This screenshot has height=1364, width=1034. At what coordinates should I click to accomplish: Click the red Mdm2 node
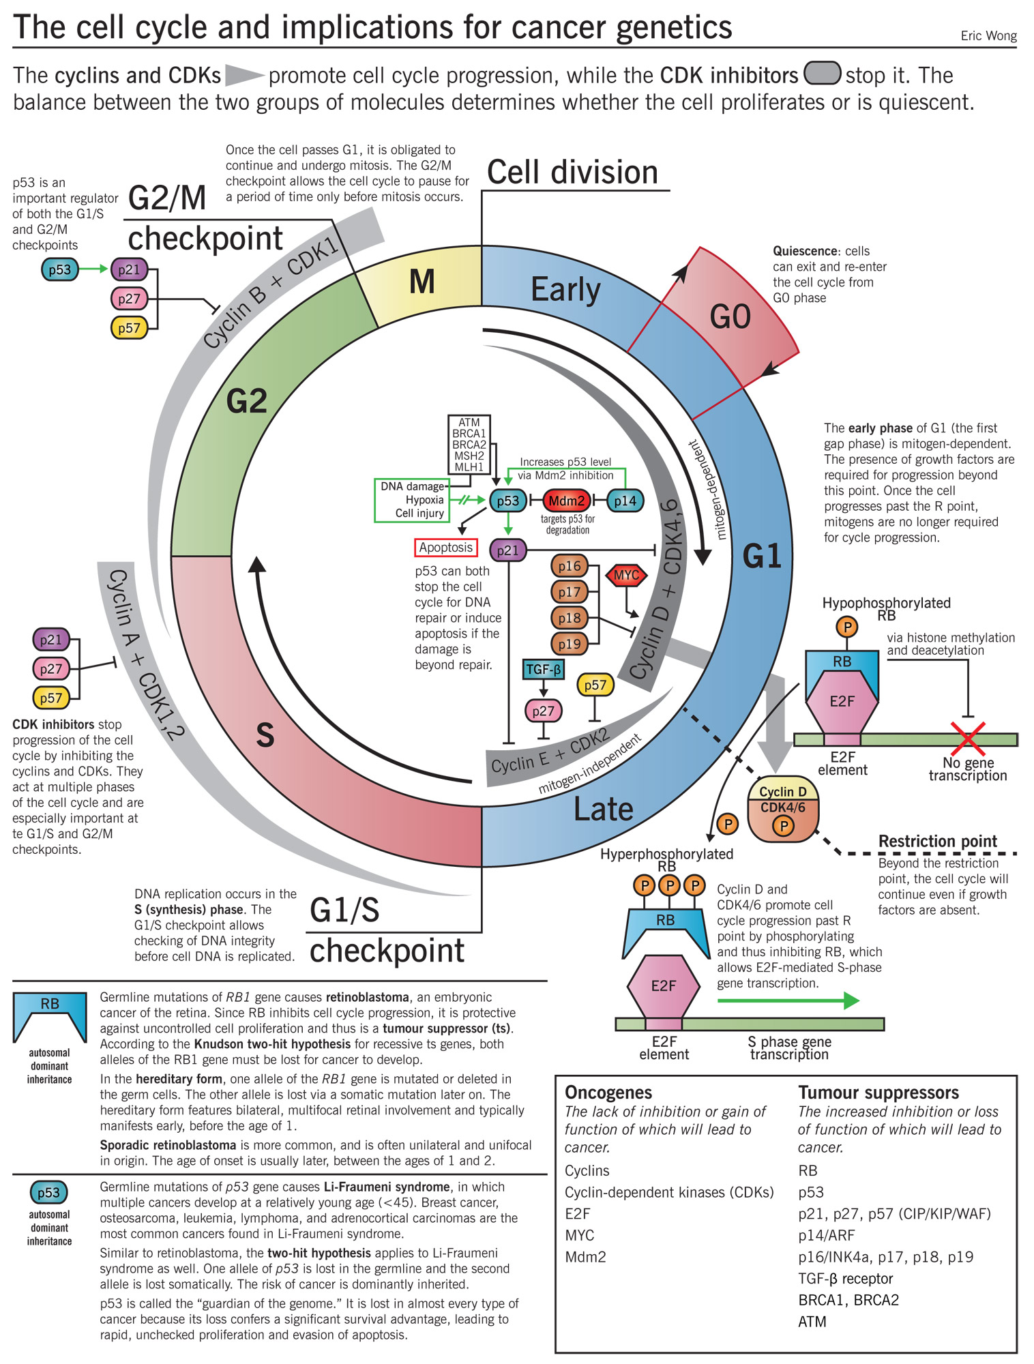pyautogui.click(x=566, y=501)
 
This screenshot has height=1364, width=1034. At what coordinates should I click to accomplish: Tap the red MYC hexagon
pyautogui.click(x=625, y=575)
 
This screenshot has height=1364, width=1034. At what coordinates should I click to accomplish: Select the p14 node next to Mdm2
pyautogui.click(x=624, y=501)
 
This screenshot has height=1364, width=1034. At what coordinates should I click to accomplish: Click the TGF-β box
pyautogui.click(x=544, y=670)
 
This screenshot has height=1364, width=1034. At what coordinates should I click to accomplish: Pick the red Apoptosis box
pyautogui.click(x=445, y=548)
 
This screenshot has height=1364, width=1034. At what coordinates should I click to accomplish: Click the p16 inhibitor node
pyautogui.click(x=569, y=566)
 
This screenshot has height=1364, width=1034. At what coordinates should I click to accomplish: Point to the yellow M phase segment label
pyautogui.click(x=422, y=282)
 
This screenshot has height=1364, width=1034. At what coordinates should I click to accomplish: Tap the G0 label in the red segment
pyautogui.click(x=730, y=317)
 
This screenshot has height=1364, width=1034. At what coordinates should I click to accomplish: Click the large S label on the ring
pyautogui.click(x=265, y=735)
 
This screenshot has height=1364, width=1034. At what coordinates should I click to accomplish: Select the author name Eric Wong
pyautogui.click(x=988, y=35)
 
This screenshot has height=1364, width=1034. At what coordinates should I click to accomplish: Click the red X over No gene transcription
pyautogui.click(x=967, y=738)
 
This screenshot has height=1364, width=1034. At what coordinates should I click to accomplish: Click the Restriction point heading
pyautogui.click(x=937, y=841)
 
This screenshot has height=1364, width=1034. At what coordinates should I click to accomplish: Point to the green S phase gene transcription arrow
pyautogui.click(x=788, y=1000)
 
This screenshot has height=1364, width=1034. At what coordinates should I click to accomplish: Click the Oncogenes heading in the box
pyautogui.click(x=608, y=1092)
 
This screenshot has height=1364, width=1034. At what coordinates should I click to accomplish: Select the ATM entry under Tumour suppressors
pyautogui.click(x=812, y=1321)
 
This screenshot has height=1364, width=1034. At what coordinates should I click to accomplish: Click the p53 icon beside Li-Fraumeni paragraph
pyautogui.click(x=48, y=1192)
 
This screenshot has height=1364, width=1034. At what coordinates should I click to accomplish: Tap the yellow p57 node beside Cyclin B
pyautogui.click(x=129, y=328)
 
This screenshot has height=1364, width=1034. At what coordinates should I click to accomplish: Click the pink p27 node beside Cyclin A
pyautogui.click(x=50, y=669)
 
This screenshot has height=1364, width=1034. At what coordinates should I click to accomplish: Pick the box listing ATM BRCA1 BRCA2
pyautogui.click(x=469, y=445)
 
